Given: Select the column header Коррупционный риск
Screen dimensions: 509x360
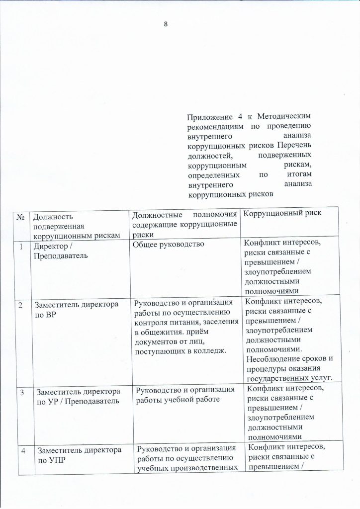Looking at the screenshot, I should tap(281, 213).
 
